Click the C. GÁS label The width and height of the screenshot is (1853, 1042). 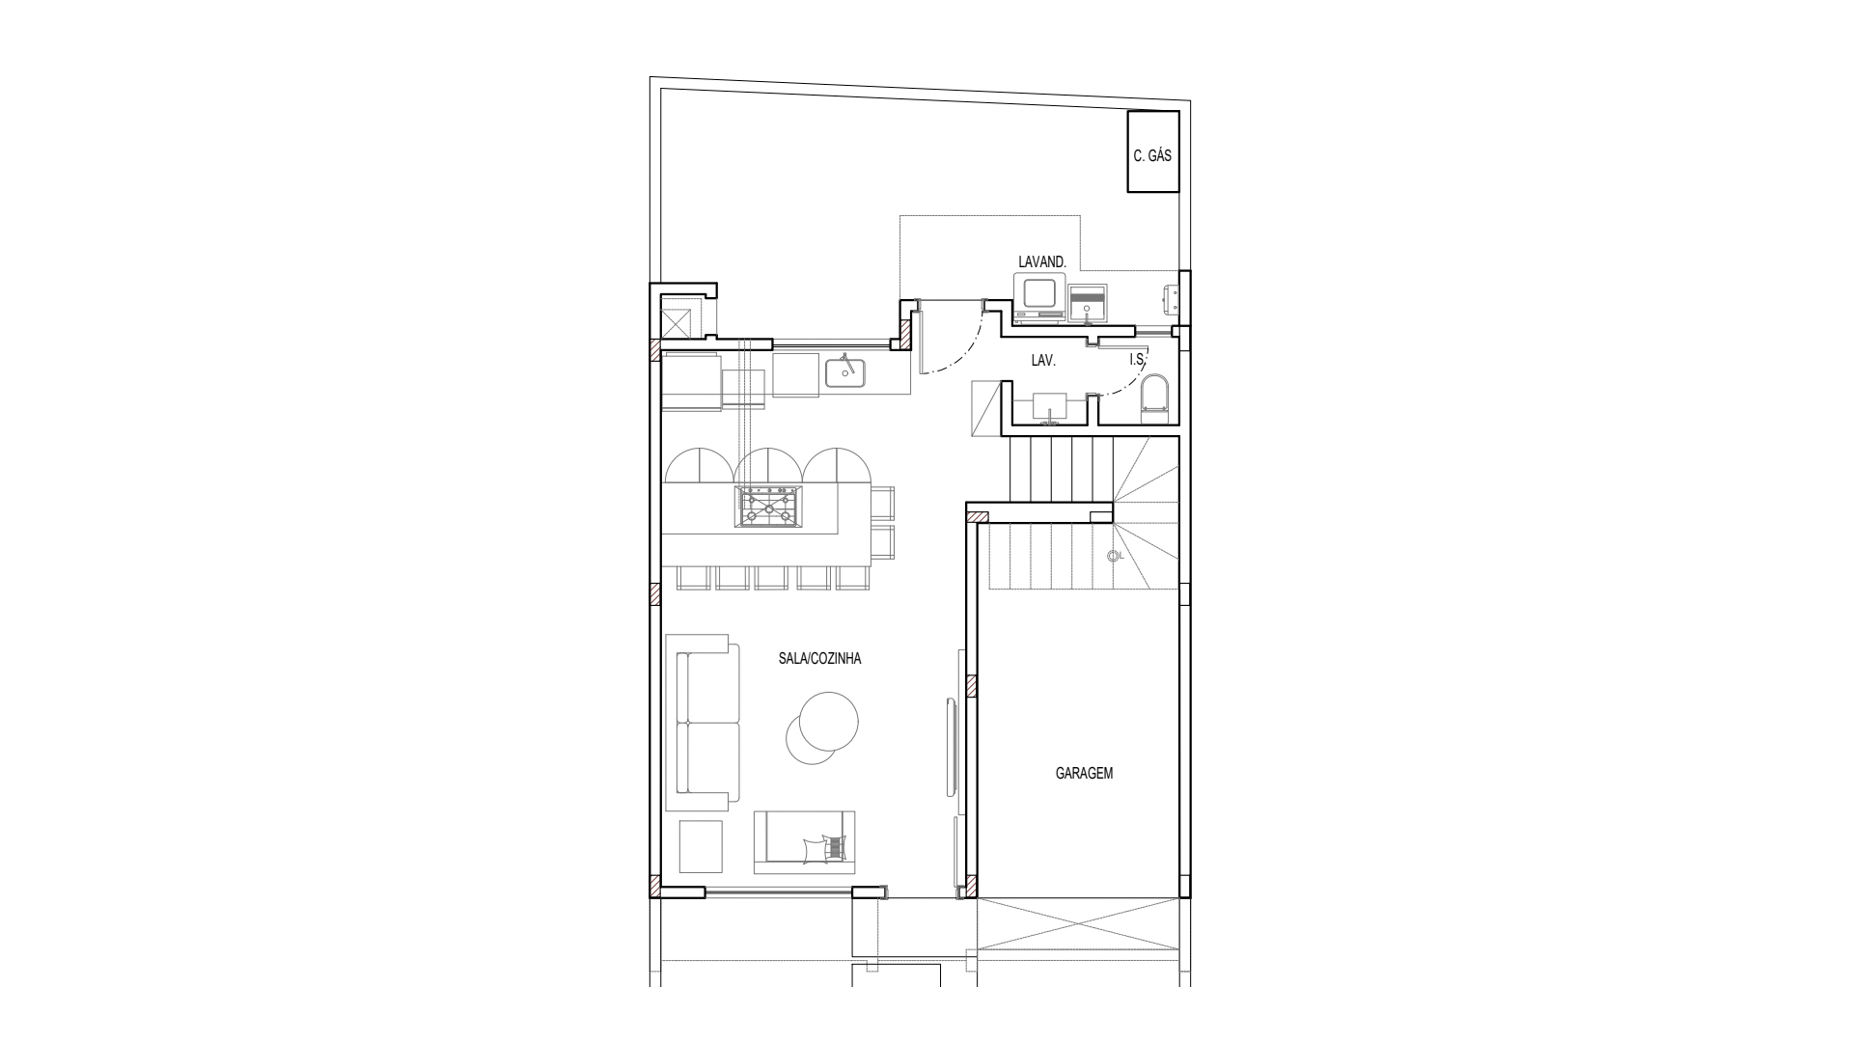1152,155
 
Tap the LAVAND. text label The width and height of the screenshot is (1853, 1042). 1042,261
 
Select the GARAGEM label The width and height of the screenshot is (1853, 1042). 1084,773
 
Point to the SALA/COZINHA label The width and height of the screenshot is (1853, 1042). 819,659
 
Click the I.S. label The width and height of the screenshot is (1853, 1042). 1137,360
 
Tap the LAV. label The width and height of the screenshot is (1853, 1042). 1043,360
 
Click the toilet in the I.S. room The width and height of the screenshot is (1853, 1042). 1153,398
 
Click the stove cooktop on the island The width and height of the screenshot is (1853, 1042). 768,506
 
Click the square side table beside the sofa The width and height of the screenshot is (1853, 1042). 701,846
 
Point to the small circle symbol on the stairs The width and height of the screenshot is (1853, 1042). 1113,556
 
